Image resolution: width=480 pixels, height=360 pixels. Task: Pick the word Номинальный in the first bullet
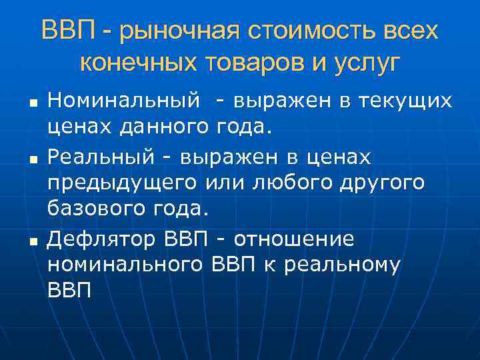pos(124,101)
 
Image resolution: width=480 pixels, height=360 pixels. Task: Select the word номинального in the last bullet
pos(125,265)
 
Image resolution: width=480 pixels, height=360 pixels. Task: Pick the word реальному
pos(342,265)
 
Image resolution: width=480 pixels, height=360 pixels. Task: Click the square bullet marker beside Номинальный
pos(32,103)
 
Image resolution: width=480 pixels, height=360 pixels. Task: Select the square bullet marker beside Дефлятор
pos(32,240)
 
